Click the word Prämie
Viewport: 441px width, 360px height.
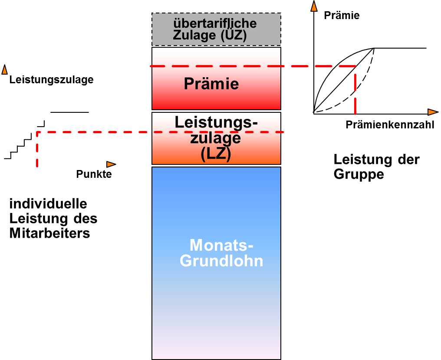coord(211,84)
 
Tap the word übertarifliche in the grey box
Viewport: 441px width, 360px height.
coord(215,23)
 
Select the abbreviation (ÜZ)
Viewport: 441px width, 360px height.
coord(233,35)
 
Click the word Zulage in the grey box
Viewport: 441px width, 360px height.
coord(194,35)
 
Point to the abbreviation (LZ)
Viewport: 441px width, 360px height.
coord(216,154)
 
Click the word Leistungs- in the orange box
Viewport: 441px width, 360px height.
coord(216,122)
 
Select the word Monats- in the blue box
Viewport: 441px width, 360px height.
coord(221,245)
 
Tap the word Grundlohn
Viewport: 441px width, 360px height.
coord(221,262)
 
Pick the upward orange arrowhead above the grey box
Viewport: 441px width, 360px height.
coord(314,7)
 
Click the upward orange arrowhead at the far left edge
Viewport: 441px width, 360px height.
coord(4,70)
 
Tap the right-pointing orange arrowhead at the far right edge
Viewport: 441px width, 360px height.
coord(432,112)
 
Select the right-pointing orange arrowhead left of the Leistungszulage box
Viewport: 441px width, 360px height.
coord(111,164)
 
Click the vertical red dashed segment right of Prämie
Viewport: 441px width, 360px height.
coord(355,93)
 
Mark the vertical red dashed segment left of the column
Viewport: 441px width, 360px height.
coord(37,150)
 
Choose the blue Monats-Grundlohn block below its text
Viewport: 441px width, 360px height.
coord(216,312)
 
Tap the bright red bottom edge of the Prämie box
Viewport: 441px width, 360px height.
coord(216,107)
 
